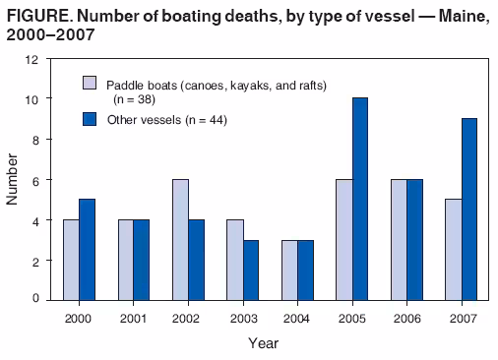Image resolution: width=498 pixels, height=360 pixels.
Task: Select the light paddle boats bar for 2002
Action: coord(180,239)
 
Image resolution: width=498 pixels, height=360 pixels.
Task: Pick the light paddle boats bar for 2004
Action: coord(288,269)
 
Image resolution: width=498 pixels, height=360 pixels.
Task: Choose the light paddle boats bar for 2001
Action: coord(126,259)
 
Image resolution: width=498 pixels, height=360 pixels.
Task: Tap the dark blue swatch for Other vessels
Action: coord(90,119)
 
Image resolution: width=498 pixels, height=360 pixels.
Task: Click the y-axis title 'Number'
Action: coord(13,179)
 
